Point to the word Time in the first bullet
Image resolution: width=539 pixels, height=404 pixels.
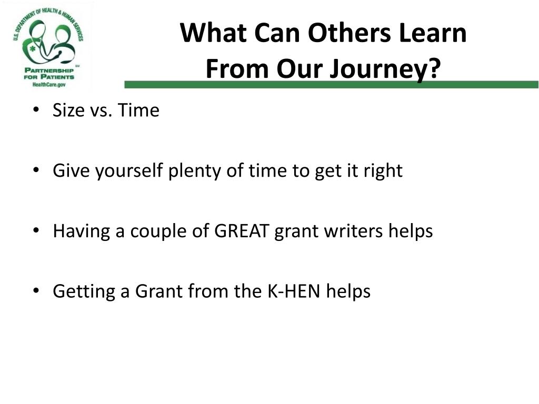point(138,110)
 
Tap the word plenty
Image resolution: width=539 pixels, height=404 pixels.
point(194,171)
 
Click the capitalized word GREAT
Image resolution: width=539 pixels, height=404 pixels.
point(241,231)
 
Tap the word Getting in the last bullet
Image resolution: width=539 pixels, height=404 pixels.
point(84,292)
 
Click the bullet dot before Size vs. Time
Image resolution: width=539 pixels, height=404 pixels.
point(36,110)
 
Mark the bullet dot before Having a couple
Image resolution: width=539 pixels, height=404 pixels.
point(36,230)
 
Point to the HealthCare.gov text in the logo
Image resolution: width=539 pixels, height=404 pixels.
point(49,85)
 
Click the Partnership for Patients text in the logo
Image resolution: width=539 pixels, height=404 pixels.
point(49,74)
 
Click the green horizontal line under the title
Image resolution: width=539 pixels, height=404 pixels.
point(332,85)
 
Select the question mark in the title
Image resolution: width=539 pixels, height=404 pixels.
point(435,68)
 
